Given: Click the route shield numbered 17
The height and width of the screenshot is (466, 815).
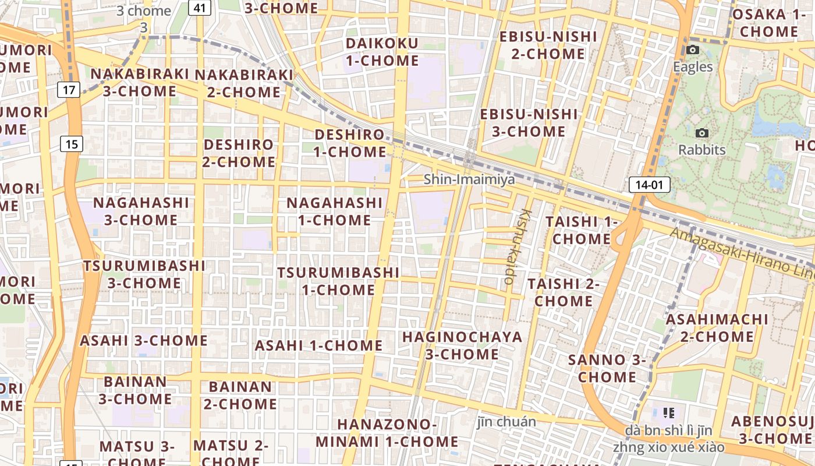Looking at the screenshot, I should (69, 90).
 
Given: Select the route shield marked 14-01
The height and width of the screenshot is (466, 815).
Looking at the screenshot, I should (649, 185).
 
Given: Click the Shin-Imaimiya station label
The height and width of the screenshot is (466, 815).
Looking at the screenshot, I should (469, 179).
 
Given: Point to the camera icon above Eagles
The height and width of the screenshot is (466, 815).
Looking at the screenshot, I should (693, 50).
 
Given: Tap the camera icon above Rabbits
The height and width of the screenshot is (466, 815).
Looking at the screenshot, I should (702, 133).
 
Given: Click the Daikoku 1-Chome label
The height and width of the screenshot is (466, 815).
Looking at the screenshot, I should (382, 52).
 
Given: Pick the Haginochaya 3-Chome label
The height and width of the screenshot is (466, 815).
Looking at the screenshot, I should (462, 345).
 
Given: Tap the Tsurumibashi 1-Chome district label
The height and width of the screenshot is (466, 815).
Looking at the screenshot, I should (338, 281).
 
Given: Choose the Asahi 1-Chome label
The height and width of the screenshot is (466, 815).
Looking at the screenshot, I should (318, 345).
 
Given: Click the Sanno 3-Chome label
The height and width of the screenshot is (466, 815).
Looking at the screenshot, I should (607, 368).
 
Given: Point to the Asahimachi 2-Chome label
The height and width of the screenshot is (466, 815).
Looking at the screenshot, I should (717, 328).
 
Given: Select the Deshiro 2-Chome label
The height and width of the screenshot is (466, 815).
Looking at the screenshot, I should (239, 153).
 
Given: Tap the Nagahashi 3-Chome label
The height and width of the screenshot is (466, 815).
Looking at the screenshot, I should (141, 211).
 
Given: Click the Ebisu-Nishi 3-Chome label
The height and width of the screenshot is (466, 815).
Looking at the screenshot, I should (529, 123).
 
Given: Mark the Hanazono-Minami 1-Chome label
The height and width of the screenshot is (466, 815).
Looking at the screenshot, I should (387, 433).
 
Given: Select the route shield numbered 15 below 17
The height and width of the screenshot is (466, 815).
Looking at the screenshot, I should (70, 144).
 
